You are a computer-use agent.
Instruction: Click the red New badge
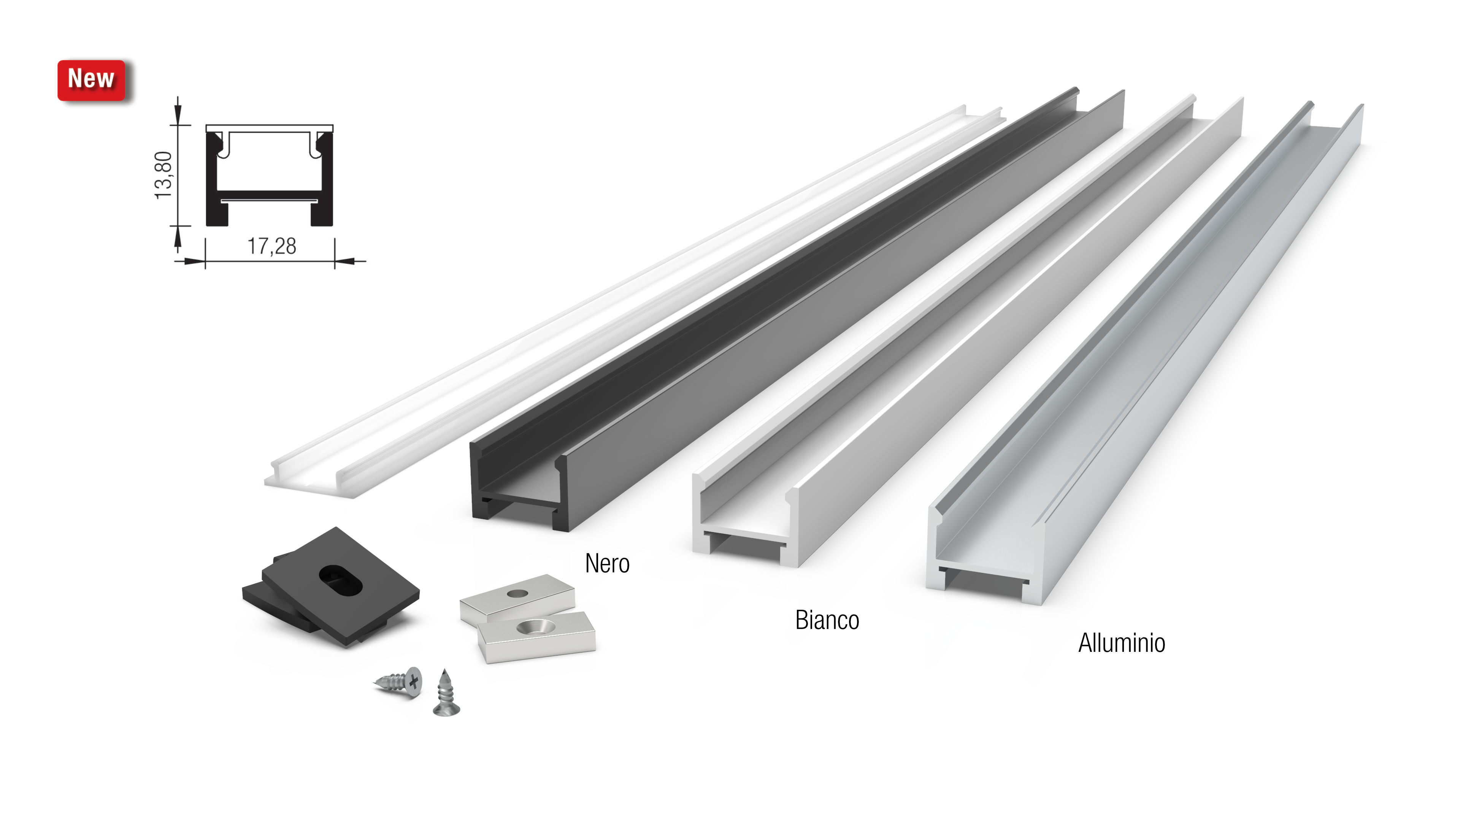coord(91,80)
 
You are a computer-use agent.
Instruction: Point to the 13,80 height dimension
coord(163,175)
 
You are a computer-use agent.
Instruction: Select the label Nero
coord(607,564)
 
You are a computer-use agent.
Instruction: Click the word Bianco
coord(827,620)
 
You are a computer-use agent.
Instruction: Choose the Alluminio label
coord(1122,643)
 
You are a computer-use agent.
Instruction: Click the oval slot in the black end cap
coord(340,580)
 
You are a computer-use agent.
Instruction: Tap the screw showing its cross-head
coord(399,682)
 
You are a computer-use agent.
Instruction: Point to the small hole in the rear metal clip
coord(517,594)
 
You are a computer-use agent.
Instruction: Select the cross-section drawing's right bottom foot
coord(321,213)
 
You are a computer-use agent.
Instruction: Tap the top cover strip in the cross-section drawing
coord(269,128)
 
